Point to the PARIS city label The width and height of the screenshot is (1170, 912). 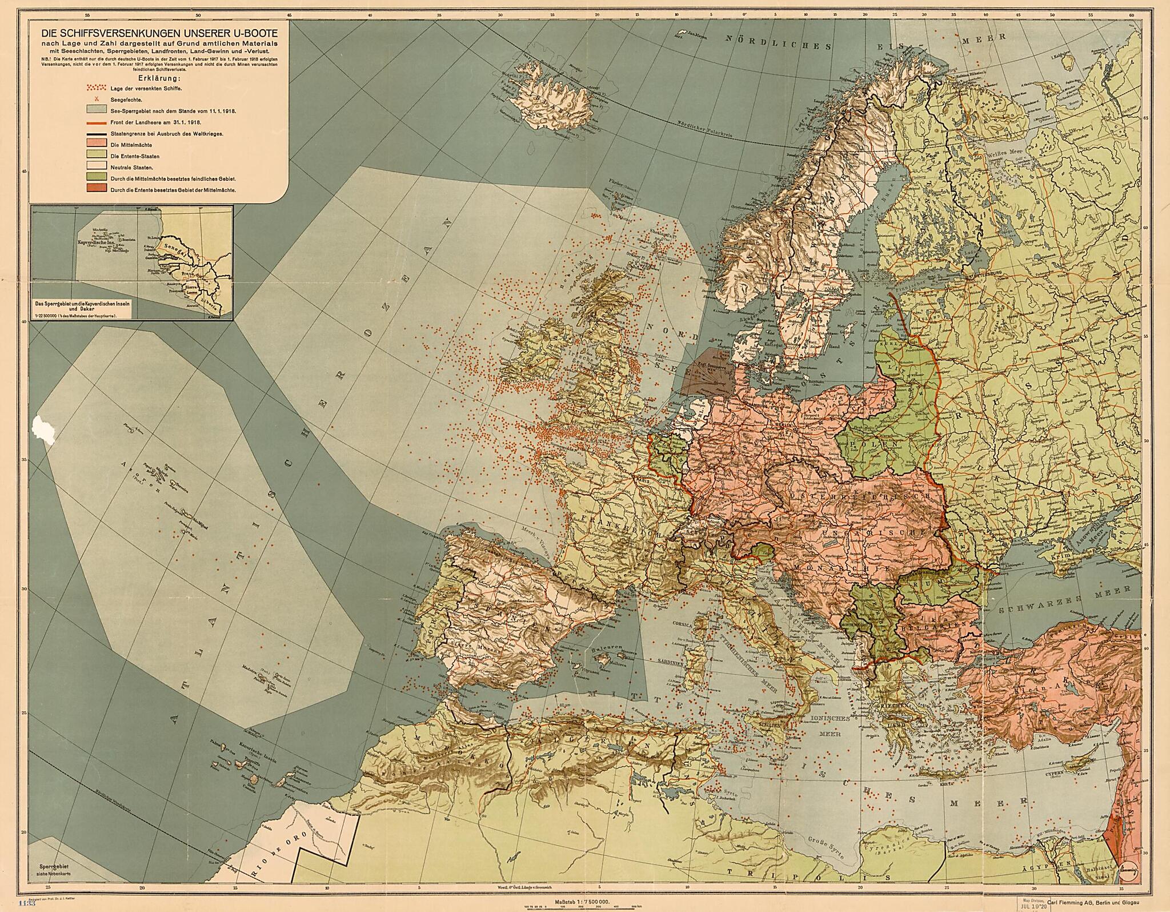click(x=641, y=481)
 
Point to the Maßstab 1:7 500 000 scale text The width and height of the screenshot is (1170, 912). click(x=582, y=902)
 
